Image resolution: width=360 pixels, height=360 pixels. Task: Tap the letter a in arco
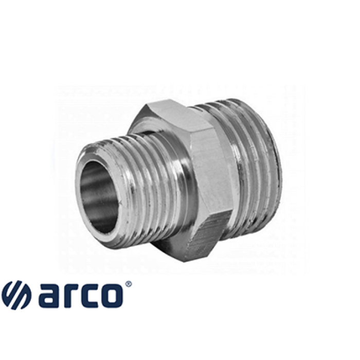coord(49,296)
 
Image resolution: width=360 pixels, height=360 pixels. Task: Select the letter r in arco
coord(73,296)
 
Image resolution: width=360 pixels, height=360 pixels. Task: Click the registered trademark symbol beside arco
coord(129,284)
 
